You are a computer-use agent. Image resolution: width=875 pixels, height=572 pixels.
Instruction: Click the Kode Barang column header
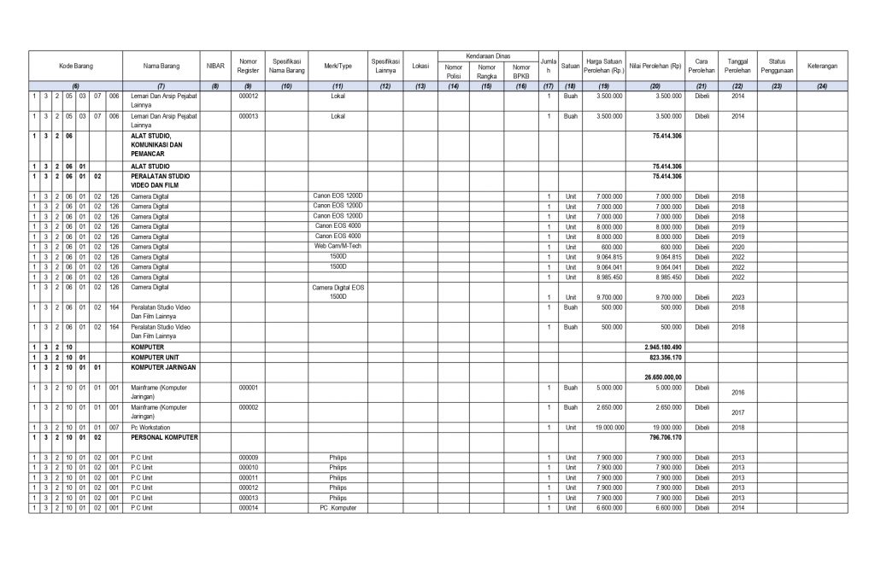(x=76, y=66)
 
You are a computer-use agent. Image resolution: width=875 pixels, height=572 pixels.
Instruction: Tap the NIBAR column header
(x=215, y=66)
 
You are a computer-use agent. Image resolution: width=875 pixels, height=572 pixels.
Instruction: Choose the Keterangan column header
(x=822, y=66)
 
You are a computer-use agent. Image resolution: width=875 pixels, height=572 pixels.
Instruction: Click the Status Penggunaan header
(x=777, y=66)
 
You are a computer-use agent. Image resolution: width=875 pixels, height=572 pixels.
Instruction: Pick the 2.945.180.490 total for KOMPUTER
(x=663, y=347)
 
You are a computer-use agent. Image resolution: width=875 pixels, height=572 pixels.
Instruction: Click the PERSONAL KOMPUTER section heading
(x=164, y=436)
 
